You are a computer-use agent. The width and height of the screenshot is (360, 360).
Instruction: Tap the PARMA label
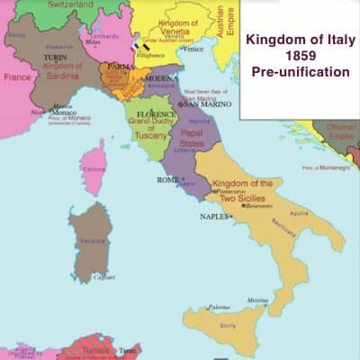point(121,66)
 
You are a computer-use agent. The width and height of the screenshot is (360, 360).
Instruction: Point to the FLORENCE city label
point(144,115)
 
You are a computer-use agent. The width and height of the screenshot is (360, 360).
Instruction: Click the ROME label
point(168,180)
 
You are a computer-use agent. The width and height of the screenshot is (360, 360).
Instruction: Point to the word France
point(16,77)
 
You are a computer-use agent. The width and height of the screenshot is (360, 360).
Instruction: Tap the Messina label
point(258,300)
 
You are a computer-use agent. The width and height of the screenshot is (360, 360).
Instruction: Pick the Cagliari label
point(103,277)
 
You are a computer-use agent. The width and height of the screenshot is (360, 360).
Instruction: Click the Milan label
point(94,41)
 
